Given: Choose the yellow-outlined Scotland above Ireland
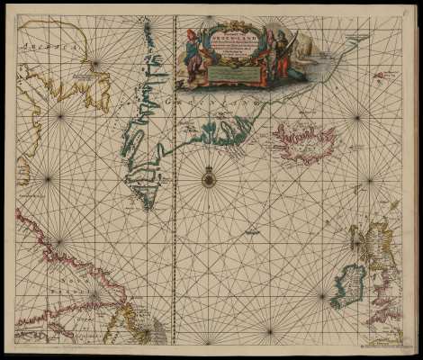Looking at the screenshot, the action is coord(369,243).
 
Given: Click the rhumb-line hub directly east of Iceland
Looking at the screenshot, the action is coord(358,117).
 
